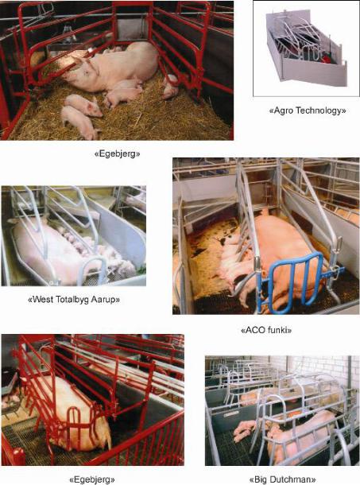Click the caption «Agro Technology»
tap(307, 111)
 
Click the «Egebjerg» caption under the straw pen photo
tap(117, 153)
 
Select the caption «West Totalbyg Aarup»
tap(74, 300)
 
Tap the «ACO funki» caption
tap(266, 330)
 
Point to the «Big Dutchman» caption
tap(282, 479)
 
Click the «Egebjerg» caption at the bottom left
tap(92, 479)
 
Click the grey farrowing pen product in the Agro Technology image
tap(306, 49)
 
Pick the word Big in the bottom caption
tap(261, 480)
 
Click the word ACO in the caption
tap(254, 330)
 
